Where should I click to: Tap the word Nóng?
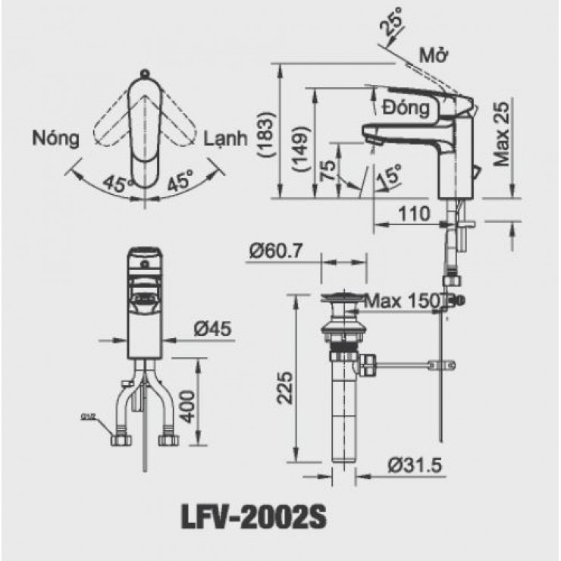(56, 138)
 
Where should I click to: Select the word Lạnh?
(226, 138)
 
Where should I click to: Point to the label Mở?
(434, 58)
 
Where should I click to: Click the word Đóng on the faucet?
(406, 108)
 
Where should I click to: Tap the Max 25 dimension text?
(499, 133)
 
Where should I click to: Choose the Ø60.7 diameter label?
(276, 249)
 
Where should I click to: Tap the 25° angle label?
(393, 27)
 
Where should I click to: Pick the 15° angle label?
(387, 177)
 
